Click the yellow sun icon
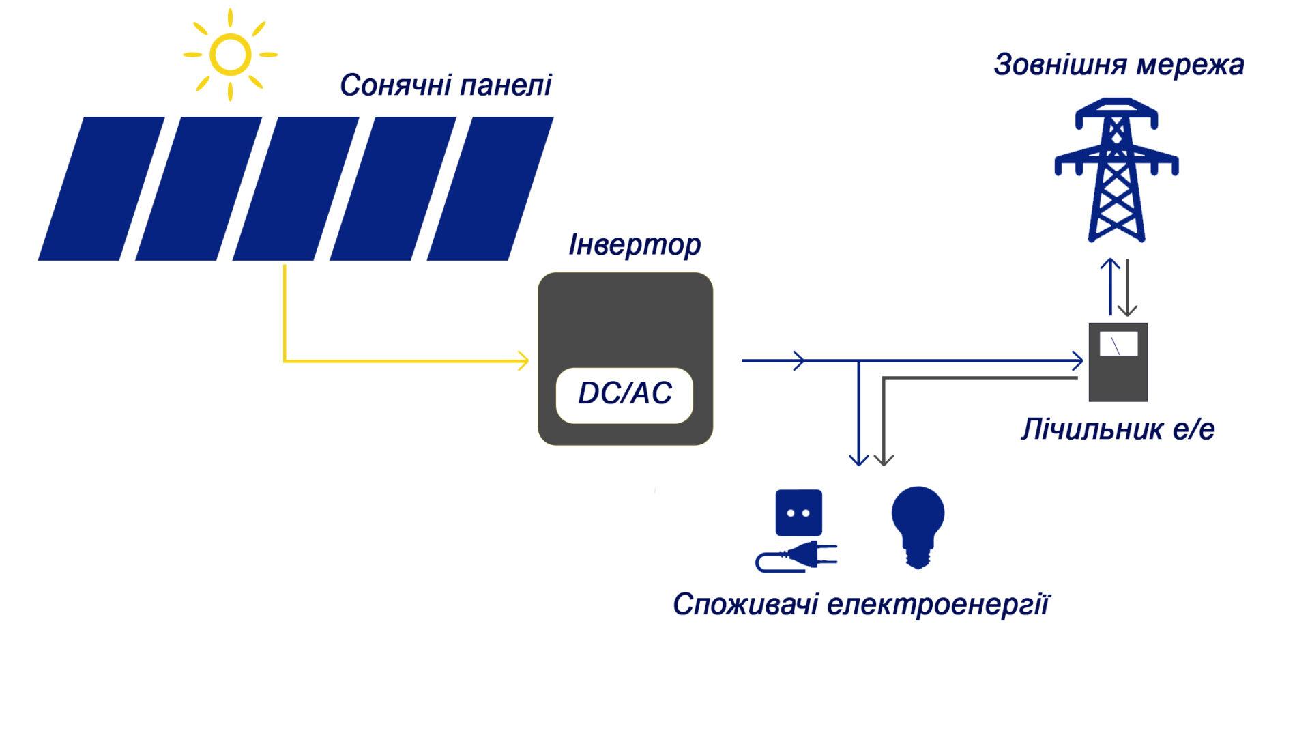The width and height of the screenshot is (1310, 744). click(x=230, y=55)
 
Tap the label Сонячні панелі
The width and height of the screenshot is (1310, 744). click(x=445, y=86)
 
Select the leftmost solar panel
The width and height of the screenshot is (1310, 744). click(x=101, y=188)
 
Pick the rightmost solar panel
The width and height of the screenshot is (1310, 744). click(x=490, y=188)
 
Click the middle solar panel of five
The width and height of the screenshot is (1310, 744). click(x=295, y=188)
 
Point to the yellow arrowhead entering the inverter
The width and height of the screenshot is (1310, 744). click(x=524, y=360)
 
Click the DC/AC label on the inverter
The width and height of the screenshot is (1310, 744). click(x=624, y=394)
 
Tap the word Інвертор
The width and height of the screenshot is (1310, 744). click(x=635, y=245)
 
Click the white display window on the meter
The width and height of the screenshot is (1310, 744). click(x=1118, y=345)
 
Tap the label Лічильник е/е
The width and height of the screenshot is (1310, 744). click(x=1118, y=430)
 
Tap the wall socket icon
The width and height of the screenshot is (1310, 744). click(x=798, y=513)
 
